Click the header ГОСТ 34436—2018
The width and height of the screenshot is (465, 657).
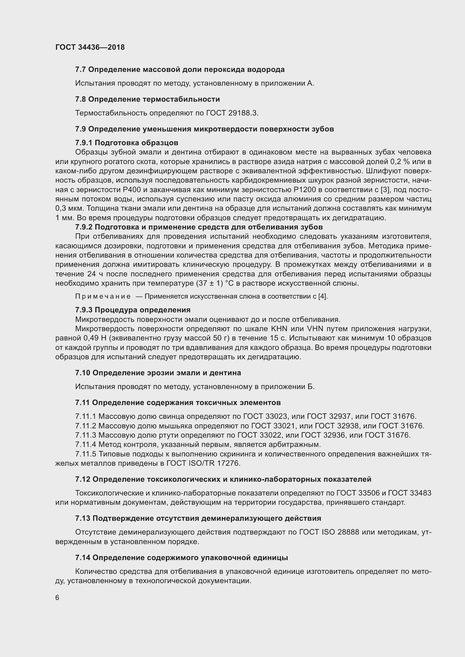click(x=90, y=47)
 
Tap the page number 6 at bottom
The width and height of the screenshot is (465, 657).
click(x=57, y=597)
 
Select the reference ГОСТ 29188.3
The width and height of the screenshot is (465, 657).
click(x=232, y=113)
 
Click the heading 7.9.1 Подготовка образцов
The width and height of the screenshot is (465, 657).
click(x=127, y=142)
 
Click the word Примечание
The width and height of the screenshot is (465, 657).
click(x=103, y=296)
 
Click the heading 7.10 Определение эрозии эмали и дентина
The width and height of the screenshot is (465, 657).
click(x=158, y=373)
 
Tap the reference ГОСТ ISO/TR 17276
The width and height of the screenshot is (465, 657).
click(x=203, y=463)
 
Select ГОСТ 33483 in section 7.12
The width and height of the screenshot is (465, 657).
click(x=410, y=493)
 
